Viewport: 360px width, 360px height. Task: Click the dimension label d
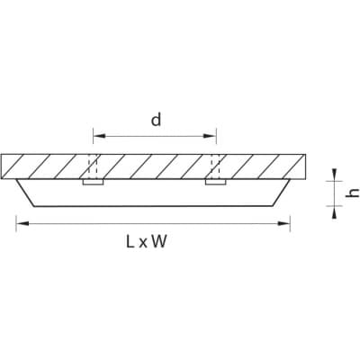[x=156, y=120]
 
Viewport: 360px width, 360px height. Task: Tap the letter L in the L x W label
[x=130, y=242]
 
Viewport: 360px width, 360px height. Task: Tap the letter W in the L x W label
[x=158, y=242]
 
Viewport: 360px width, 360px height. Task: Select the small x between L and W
[x=143, y=244]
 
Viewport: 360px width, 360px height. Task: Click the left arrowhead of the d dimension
[x=100, y=136]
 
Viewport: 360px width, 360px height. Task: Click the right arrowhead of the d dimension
[x=210, y=136]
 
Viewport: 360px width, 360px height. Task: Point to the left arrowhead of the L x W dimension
[x=22, y=223]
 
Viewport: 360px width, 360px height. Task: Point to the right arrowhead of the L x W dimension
[x=283, y=223]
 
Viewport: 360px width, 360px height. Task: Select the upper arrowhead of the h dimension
[x=334, y=175]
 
